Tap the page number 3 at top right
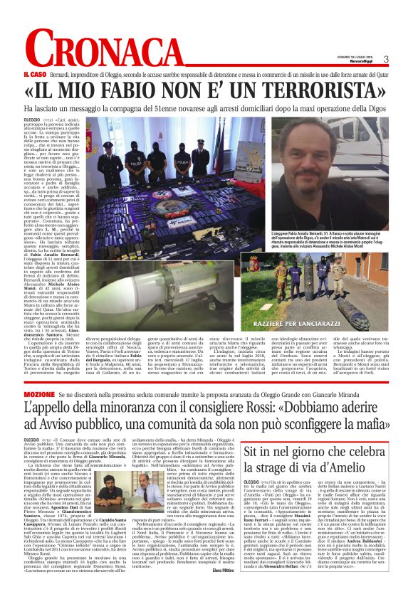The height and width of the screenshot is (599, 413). [x=386, y=60]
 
